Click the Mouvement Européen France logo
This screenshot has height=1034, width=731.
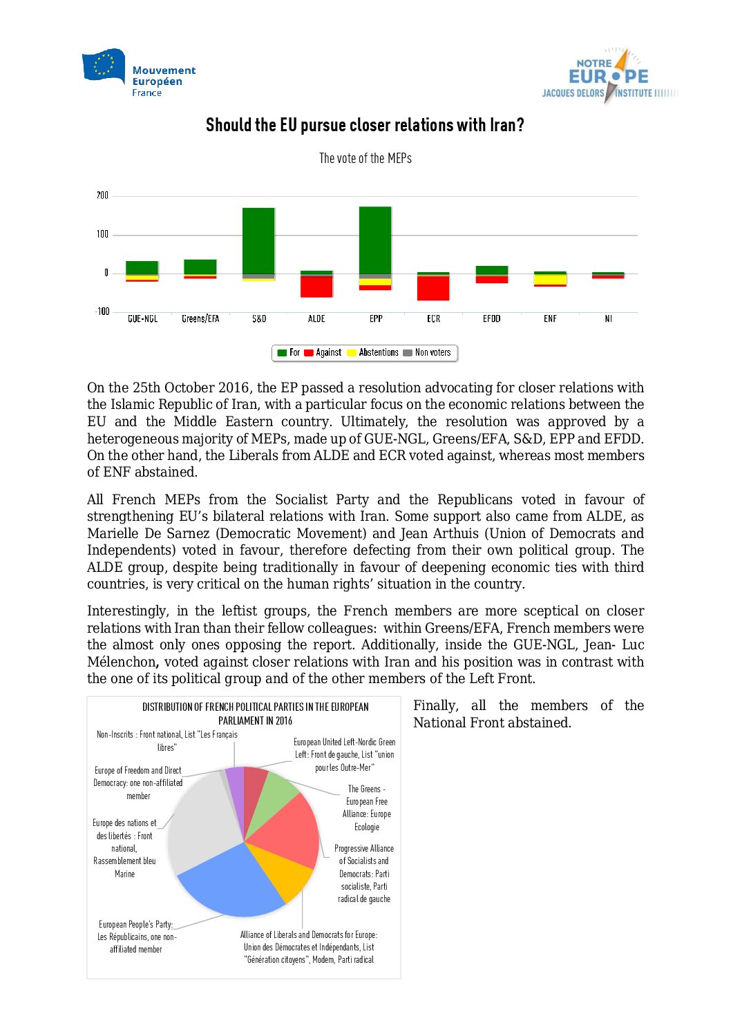coord(139,73)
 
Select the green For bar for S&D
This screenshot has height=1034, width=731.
coord(258,240)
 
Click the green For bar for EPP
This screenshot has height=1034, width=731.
coord(375,240)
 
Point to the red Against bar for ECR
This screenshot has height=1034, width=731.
coord(433,288)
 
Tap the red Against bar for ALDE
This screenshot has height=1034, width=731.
coord(316,287)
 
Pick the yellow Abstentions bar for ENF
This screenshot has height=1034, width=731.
coord(550,280)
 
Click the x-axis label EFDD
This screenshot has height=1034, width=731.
coord(491,319)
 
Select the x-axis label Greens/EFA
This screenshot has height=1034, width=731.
coord(200,319)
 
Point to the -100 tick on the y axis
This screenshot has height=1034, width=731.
coord(102,312)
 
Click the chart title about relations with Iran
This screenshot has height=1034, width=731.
coord(365,125)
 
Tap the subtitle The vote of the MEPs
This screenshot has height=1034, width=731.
coord(365,158)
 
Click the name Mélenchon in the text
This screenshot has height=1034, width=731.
coord(122,662)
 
